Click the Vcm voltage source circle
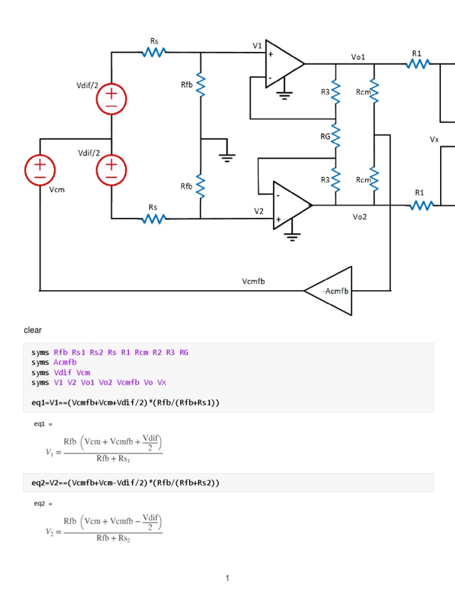coord(40,168)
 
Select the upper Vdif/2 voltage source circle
coord(111,99)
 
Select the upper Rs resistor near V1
coord(153,53)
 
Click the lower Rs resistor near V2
coord(153,219)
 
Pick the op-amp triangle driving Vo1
coord(283,63)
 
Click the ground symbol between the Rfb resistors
coord(226,157)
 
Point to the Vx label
coord(434,140)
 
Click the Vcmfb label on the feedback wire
coord(254,281)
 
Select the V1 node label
coord(257,46)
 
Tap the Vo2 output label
coord(360,217)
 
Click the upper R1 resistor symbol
coord(418,63)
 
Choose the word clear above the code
coord(33,330)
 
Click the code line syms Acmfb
coord(54,362)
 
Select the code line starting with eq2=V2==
coord(125,483)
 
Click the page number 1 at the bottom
coord(227,578)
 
